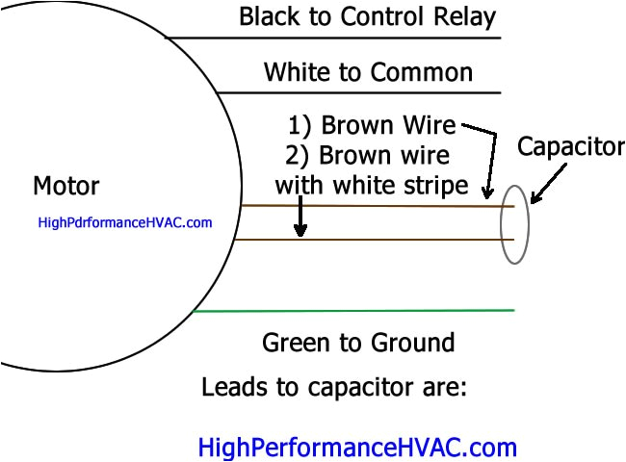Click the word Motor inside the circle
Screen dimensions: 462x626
point(65,185)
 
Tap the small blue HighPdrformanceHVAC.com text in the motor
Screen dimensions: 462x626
point(124,222)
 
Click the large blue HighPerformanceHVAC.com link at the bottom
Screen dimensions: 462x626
point(357,448)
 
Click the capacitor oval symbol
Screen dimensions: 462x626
point(514,223)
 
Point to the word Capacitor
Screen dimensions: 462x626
point(570,147)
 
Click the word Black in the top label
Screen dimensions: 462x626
point(269,16)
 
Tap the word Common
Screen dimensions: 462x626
point(431,72)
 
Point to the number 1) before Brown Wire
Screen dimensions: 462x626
point(300,126)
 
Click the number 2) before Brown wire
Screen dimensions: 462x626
point(299,156)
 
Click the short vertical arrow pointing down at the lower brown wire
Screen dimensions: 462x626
point(300,218)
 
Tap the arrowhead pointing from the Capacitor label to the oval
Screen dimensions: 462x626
point(535,196)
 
